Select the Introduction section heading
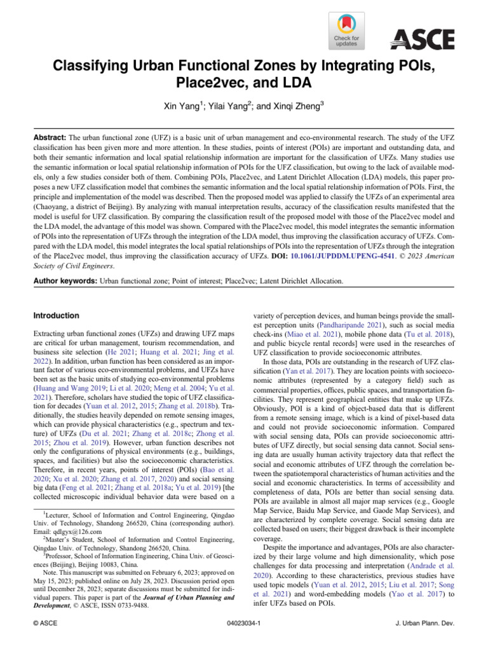(x=57, y=316)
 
